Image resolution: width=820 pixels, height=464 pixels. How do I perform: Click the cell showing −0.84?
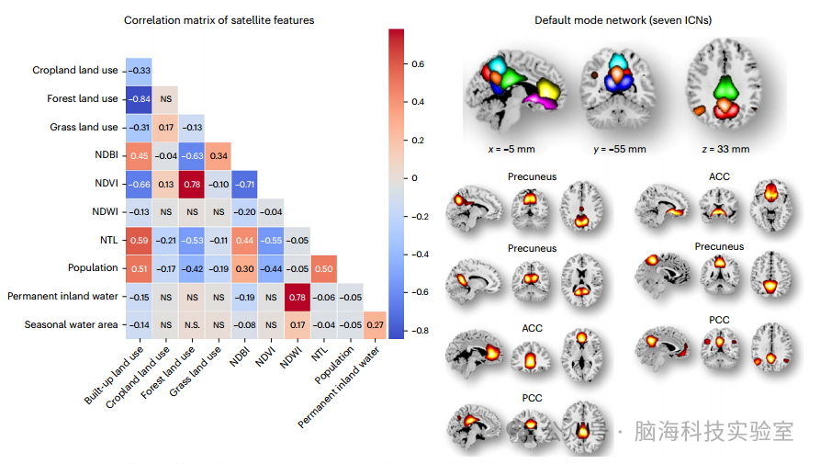tap(140, 98)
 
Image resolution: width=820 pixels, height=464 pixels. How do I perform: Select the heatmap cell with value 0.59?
tap(140, 240)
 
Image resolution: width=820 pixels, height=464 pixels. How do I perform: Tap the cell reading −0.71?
tap(245, 184)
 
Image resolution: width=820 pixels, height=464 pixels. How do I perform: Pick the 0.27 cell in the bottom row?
tap(376, 324)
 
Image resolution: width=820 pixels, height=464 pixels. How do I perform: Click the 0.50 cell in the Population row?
tap(323, 268)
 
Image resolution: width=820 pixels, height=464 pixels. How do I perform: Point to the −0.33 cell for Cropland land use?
tap(140, 70)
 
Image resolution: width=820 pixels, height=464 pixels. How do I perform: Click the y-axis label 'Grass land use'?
tap(83, 127)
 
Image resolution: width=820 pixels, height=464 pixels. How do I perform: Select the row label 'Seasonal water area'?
tap(72, 324)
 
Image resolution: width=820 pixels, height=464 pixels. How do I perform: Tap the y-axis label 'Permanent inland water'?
tap(62, 296)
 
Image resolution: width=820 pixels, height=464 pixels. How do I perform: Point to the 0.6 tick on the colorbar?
tap(418, 63)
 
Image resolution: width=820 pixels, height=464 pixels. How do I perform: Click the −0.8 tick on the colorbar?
tap(420, 329)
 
